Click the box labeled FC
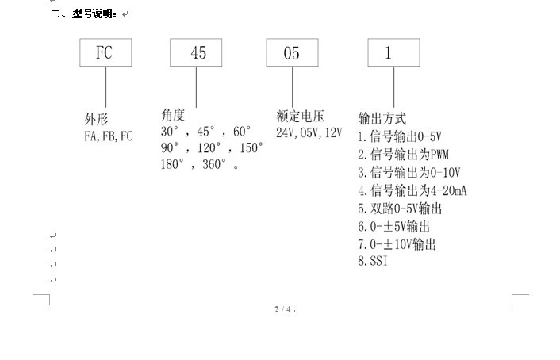pos(105,53)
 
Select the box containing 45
pos(198,53)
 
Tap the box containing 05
pos(293,53)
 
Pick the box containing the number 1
pos(389,53)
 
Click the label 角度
pos(173,114)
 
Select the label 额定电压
pos(300,116)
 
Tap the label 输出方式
pos(382,118)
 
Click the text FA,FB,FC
pos(109,136)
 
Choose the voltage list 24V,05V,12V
pos(308,132)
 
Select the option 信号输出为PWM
pos(404,154)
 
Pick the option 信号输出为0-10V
pos(409,172)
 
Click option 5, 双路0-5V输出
pos(400,209)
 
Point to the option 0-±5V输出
pos(394,227)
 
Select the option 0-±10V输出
pos(397,244)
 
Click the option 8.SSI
pos(374,262)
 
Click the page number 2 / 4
pos(283,309)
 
